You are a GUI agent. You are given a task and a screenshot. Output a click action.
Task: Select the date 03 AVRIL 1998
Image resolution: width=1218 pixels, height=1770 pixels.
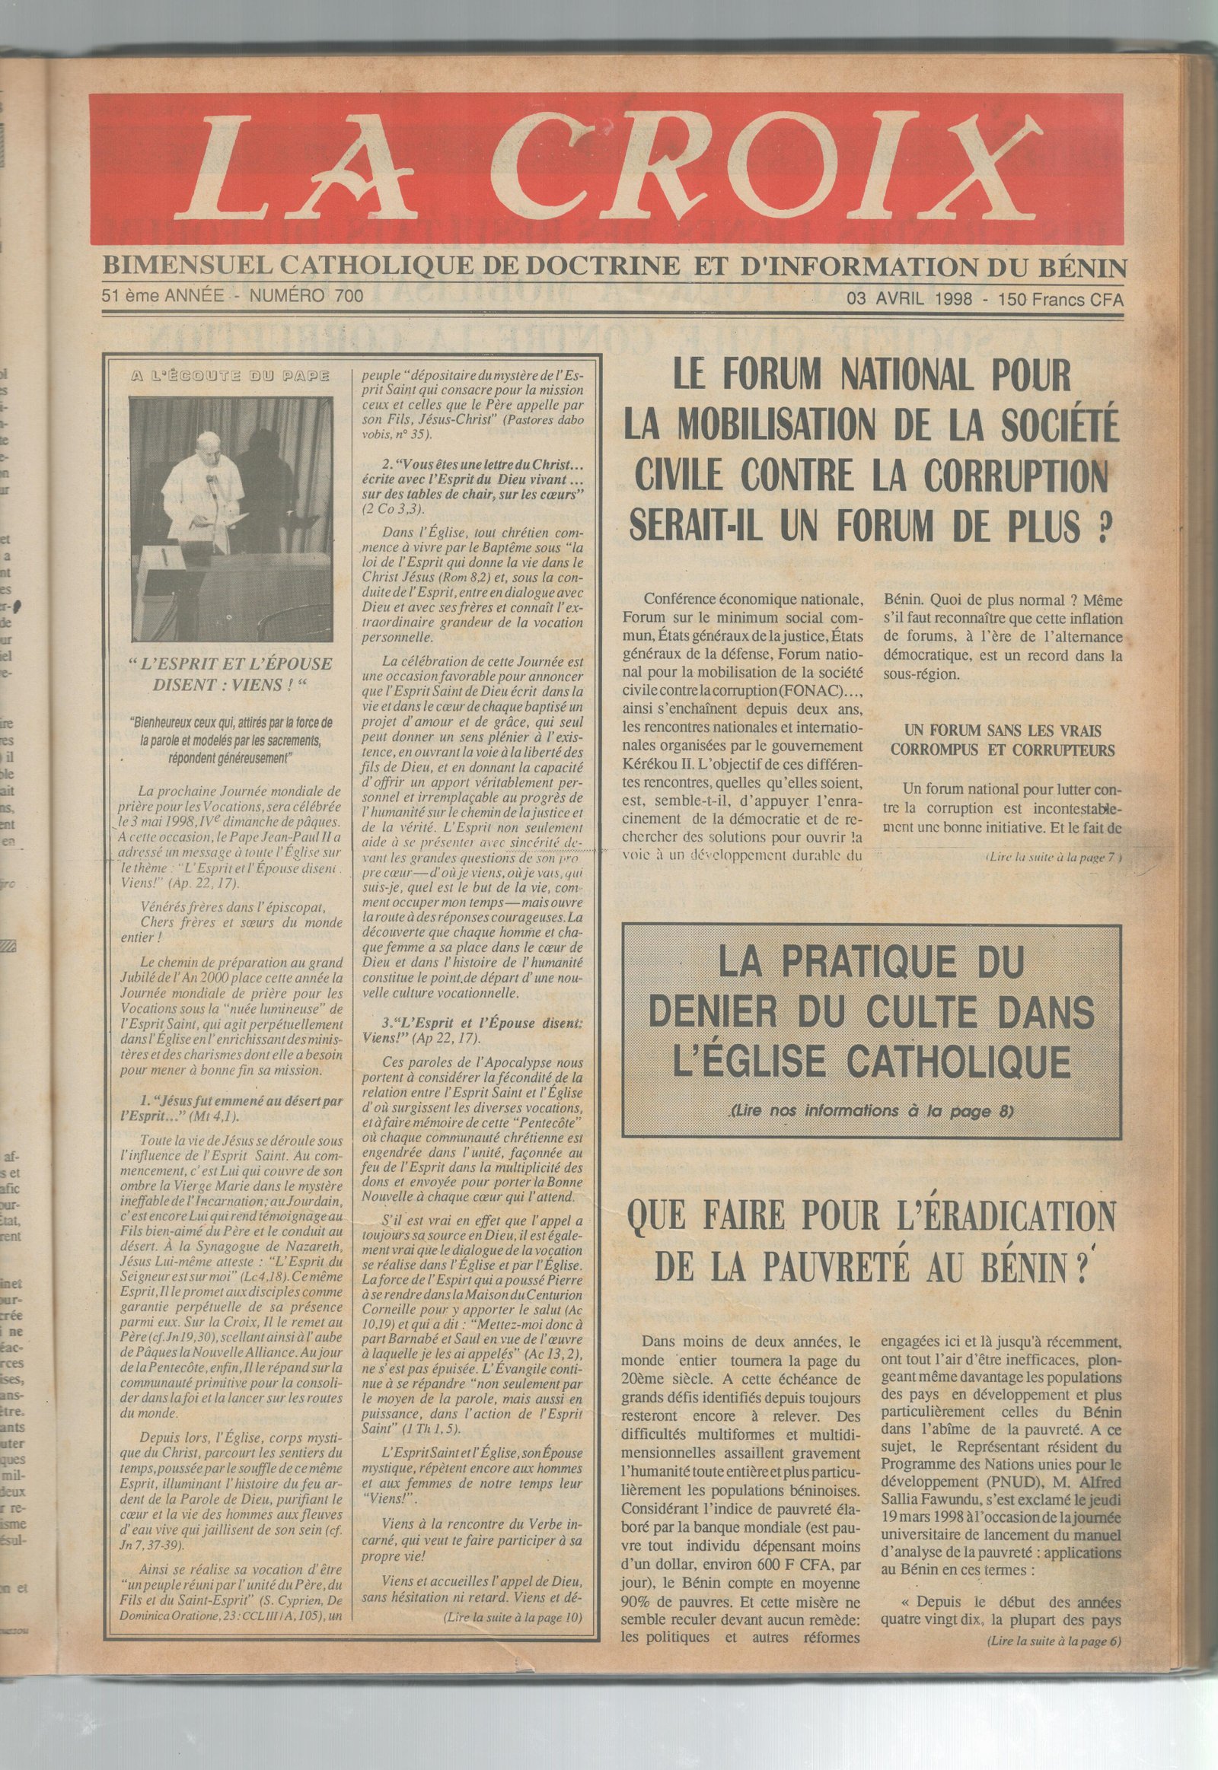(909, 299)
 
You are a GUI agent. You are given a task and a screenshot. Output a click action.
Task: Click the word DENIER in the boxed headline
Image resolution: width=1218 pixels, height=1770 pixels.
(718, 1011)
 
